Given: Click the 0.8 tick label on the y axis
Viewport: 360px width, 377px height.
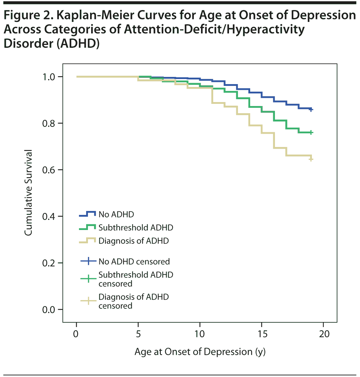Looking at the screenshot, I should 49,123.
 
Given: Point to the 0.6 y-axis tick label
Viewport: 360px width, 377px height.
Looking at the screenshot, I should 49,170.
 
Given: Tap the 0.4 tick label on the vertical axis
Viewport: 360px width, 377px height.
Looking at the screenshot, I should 49,216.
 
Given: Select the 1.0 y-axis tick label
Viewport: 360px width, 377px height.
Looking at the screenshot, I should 49,77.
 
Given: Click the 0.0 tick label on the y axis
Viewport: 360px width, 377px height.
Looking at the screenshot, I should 49,309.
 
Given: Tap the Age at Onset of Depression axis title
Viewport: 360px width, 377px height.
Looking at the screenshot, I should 200,351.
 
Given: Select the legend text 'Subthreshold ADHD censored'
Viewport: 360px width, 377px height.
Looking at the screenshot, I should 136,279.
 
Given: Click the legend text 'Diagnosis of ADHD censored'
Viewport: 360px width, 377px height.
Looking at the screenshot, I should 134,301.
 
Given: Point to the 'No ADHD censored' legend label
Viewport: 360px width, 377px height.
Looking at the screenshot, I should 134,261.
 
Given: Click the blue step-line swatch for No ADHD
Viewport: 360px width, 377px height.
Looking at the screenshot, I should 87,214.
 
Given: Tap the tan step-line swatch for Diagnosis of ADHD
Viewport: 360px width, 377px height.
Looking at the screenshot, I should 87,240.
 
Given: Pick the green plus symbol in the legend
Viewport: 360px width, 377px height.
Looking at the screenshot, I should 88,279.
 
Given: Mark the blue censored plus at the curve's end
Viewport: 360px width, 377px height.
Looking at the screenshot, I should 311,109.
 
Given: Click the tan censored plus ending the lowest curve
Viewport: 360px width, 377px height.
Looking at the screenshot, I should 311,159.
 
